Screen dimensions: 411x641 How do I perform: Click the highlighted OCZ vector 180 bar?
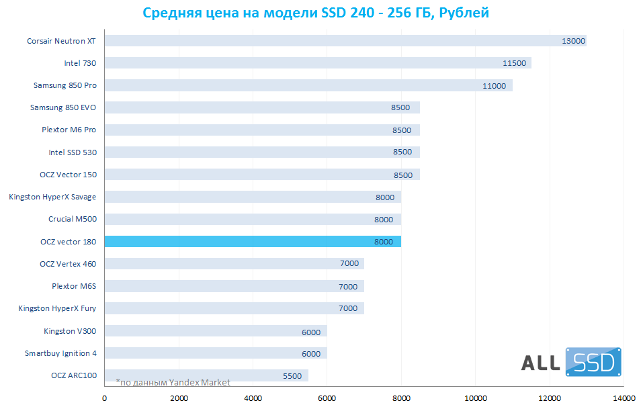(x=253, y=242)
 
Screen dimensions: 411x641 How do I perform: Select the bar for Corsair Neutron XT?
(x=345, y=41)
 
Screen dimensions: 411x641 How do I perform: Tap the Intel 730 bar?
(x=318, y=63)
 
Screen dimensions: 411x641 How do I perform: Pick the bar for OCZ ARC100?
(x=206, y=375)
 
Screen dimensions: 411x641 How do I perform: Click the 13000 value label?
(x=573, y=41)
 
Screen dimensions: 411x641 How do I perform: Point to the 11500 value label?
(x=514, y=63)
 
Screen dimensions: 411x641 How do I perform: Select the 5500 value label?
(x=292, y=376)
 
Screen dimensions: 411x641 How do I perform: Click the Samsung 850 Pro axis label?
(x=65, y=85)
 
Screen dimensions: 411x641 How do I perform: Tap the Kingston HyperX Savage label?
(x=52, y=197)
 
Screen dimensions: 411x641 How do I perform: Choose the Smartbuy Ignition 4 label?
(x=60, y=353)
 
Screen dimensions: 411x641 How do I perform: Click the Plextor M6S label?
(x=74, y=286)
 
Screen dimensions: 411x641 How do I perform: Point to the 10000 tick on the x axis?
(x=476, y=398)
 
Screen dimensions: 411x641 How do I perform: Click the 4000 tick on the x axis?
(x=253, y=398)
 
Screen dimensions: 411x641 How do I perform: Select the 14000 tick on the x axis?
(x=624, y=398)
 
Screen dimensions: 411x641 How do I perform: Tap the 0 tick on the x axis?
(x=105, y=398)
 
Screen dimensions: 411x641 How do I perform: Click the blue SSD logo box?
(x=593, y=362)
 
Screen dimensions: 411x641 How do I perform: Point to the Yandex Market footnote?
(x=173, y=383)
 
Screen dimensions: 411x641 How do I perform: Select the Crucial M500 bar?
(x=253, y=220)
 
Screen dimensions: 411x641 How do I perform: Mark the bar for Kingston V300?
(x=216, y=331)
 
